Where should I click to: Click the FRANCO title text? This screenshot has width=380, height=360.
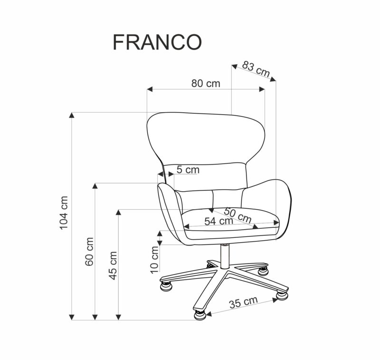(x=157, y=42)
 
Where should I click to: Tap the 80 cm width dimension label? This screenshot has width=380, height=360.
(x=206, y=83)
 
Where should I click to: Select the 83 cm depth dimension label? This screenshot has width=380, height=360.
(x=256, y=69)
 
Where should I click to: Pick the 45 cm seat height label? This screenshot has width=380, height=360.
(x=113, y=265)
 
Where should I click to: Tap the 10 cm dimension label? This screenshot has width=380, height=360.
(x=155, y=260)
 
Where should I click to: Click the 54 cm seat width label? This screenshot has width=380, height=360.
(x=218, y=221)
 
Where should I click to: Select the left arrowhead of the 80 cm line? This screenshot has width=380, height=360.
(x=150, y=89)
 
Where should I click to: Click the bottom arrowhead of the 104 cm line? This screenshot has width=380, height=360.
(x=72, y=317)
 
